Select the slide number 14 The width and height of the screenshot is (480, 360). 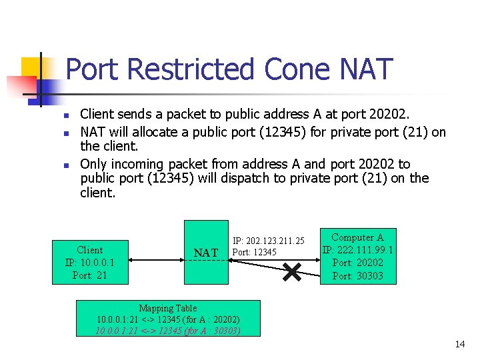[x=459, y=344]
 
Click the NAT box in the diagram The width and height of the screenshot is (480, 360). [x=205, y=252]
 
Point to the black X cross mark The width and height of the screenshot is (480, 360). [x=292, y=271]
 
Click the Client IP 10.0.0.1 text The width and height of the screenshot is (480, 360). [x=90, y=262]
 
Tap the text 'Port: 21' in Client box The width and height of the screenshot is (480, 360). [x=90, y=275]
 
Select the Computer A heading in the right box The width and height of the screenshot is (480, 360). [x=357, y=237]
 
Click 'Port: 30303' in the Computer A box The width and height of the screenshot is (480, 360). [x=357, y=275]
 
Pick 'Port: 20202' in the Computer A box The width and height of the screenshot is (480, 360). [x=357, y=263]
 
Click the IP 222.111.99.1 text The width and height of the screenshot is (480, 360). [x=357, y=250]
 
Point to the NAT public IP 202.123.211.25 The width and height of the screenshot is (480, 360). [x=268, y=240]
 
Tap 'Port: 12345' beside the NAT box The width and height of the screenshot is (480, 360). [x=254, y=252]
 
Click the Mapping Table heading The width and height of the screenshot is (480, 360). [x=168, y=308]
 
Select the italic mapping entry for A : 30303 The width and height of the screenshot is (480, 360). [x=168, y=331]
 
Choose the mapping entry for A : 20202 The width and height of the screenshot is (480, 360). [x=168, y=319]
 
